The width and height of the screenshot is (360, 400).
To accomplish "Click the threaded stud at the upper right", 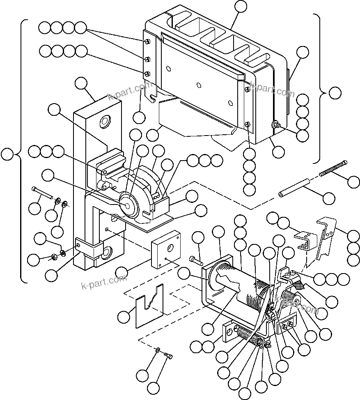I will coord(333,169).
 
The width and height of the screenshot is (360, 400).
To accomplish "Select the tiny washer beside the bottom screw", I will coord(158,349).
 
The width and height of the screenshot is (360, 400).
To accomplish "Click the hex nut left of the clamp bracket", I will coord(53,257).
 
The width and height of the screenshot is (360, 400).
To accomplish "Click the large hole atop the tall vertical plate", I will coord(105,121).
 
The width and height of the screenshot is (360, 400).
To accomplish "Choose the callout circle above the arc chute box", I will coord(241,6).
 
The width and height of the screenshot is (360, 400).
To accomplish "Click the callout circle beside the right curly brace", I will coord(335,93).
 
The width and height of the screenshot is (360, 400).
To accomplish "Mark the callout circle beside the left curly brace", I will coord(7,154).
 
